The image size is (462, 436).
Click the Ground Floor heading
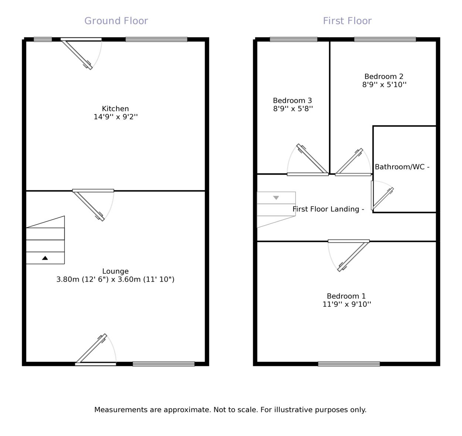point(116,21)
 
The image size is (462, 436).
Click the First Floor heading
point(347,21)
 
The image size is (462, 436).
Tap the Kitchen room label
point(115,109)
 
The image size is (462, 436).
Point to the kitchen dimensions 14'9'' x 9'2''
point(116,117)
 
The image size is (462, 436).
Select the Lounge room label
point(115,271)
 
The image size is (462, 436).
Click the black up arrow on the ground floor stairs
point(45,258)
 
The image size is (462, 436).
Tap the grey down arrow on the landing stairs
point(276,198)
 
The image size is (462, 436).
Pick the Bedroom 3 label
point(292,100)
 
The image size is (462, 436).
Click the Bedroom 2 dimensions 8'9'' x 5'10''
point(384,85)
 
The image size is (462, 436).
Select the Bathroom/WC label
point(402,167)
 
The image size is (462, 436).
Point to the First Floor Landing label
point(328,209)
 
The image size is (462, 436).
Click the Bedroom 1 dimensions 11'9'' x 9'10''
point(347,304)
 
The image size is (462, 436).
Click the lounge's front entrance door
point(92,349)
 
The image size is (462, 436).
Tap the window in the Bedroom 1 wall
point(349,364)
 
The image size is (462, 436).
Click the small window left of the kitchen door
point(43,40)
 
